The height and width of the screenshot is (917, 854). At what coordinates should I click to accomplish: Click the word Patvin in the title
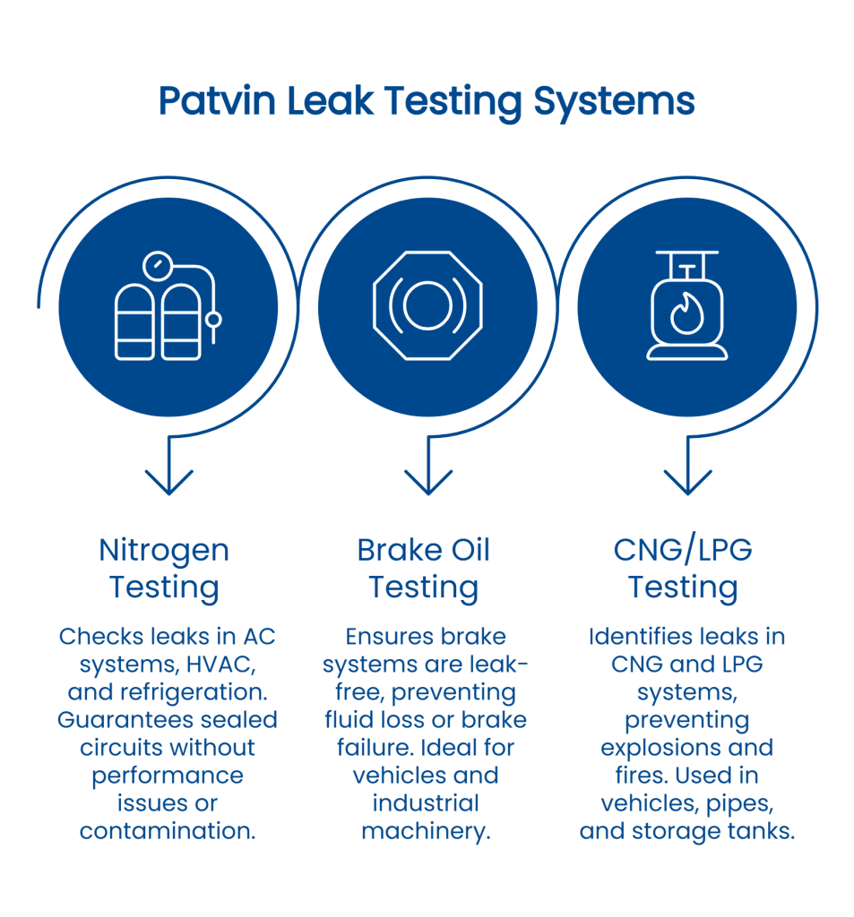tap(216, 101)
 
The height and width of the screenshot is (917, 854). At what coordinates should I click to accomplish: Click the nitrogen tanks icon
tap(167, 308)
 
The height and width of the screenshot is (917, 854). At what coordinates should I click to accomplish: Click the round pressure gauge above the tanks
tap(159, 266)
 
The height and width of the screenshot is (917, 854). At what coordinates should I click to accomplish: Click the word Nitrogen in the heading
tap(164, 550)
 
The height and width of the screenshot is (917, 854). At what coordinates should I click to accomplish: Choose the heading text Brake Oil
tap(424, 550)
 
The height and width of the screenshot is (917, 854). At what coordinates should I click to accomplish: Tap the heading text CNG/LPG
tap(683, 550)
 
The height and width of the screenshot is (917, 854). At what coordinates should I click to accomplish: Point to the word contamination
tap(168, 830)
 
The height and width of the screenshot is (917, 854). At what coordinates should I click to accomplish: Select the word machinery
tap(426, 830)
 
